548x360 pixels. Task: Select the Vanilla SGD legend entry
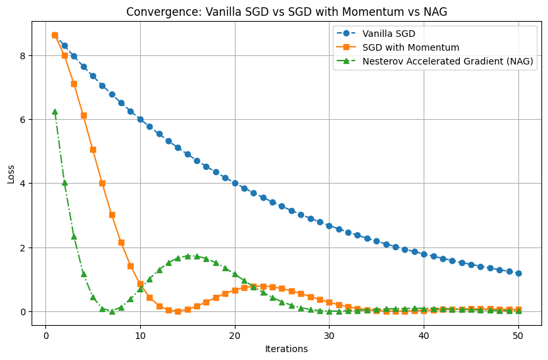point(389,34)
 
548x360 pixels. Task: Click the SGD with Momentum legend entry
point(410,47)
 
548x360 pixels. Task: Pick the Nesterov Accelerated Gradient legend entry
point(447,61)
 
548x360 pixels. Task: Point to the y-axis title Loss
point(11,174)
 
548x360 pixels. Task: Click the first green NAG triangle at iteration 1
point(55,112)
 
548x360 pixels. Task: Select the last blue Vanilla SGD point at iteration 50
point(518,273)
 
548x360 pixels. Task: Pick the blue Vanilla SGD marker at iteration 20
point(235,183)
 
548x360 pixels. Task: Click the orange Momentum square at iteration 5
point(93,149)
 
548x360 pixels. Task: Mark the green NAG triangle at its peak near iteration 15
point(187,256)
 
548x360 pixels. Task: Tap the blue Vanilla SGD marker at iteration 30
point(329,226)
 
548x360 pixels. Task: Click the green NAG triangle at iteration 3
point(74,236)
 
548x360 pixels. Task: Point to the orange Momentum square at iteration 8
point(121,242)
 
